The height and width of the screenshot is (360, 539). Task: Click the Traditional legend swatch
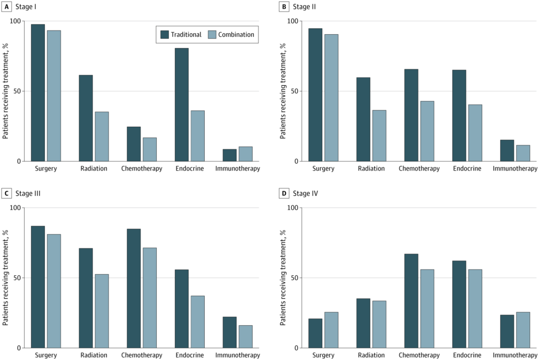165,35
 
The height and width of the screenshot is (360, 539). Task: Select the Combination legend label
236,35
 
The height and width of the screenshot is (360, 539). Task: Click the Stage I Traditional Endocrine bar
182,105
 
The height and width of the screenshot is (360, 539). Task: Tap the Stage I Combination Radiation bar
102,136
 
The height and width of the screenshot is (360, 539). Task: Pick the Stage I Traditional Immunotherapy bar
229,155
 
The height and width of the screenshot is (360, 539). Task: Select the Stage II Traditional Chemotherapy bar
411,115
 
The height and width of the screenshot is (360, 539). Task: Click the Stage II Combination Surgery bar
331,98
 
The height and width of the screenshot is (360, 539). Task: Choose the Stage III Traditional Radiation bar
86,298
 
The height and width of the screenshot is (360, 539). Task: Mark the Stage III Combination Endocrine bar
197,322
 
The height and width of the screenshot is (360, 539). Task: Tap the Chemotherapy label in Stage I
141,169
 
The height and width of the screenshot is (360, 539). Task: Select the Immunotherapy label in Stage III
237,356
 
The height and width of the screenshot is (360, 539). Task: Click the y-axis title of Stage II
283,91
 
